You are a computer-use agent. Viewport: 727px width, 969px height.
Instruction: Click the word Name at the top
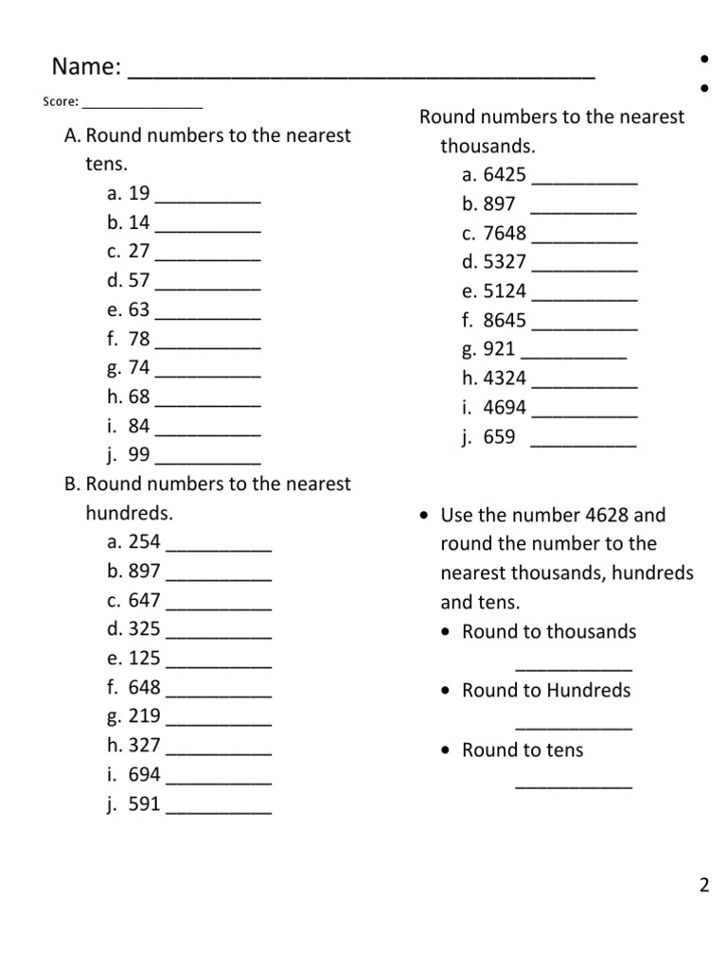click(85, 67)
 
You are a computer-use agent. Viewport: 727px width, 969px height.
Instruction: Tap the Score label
click(61, 102)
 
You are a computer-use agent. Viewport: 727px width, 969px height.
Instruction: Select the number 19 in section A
click(139, 194)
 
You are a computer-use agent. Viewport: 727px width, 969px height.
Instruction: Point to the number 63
click(139, 310)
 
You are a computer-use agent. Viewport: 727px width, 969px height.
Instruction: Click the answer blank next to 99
click(207, 462)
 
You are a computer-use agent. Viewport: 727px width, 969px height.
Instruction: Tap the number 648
click(145, 687)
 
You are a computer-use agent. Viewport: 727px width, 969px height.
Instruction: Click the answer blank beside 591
click(219, 812)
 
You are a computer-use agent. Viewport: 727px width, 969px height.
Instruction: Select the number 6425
click(505, 175)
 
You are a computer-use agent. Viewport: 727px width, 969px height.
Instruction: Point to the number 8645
click(505, 321)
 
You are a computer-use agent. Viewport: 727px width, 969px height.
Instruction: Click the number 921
click(499, 349)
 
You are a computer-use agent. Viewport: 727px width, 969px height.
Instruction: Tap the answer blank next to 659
click(583, 444)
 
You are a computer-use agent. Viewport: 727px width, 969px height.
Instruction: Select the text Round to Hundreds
click(546, 691)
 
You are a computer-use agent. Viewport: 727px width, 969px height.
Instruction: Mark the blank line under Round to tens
click(574, 786)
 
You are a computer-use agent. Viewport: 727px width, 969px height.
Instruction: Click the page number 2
click(703, 886)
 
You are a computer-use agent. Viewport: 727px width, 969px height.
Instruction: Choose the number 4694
click(505, 408)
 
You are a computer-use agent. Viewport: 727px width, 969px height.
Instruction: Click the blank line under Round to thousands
click(574, 668)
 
